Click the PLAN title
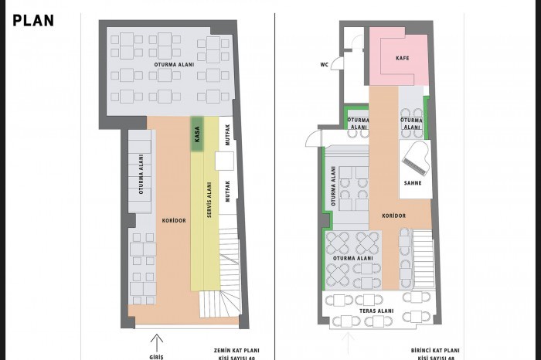[33, 21]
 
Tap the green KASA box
[197, 134]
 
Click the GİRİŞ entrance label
[156, 357]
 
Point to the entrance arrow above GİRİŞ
[157, 343]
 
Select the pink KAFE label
[403, 58]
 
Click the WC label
[325, 64]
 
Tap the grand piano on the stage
[417, 158]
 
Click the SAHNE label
[413, 183]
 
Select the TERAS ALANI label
[376, 311]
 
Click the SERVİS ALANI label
[209, 200]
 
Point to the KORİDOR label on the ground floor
[174, 220]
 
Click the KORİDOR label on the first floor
[393, 216]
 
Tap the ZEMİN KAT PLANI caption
[236, 351]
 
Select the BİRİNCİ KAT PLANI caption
[435, 351]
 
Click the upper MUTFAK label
[227, 135]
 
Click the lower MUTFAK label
[227, 192]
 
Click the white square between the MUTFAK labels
[225, 161]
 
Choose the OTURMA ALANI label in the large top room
[174, 64]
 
